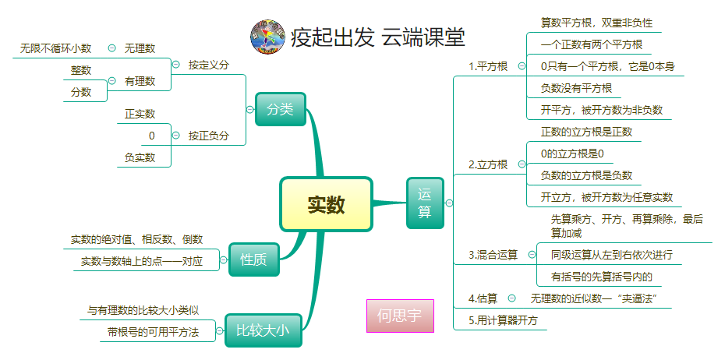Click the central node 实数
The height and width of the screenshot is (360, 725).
point(326,204)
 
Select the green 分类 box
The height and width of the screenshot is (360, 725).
point(280,109)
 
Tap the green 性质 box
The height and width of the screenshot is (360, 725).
point(253,260)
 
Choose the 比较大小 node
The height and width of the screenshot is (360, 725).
point(263,330)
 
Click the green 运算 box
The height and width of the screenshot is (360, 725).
point(425,203)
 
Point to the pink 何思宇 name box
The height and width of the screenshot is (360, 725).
point(399,316)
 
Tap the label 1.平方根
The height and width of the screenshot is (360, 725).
point(488,66)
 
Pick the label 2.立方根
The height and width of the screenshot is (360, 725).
point(488,164)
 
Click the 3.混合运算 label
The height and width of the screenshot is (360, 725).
point(493,255)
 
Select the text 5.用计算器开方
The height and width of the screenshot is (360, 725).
point(503,319)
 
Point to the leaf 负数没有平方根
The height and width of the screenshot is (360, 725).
point(576,88)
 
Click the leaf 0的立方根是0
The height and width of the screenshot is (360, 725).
point(572,154)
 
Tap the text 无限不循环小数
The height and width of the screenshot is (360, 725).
point(56,48)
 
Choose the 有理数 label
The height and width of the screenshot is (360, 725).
point(140,80)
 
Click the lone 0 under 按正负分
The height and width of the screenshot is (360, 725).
point(151,136)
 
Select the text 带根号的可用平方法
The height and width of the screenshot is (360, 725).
point(153,332)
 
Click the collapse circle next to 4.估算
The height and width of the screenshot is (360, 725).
point(511,298)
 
